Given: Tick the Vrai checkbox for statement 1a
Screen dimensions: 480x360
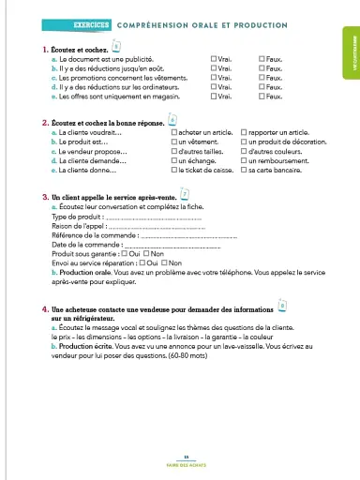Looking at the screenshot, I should [214, 58].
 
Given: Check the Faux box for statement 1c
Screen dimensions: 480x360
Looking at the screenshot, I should [261, 76].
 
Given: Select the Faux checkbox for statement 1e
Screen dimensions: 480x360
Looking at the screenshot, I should [261, 95].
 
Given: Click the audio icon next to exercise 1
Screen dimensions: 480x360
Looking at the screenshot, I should [116, 44].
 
